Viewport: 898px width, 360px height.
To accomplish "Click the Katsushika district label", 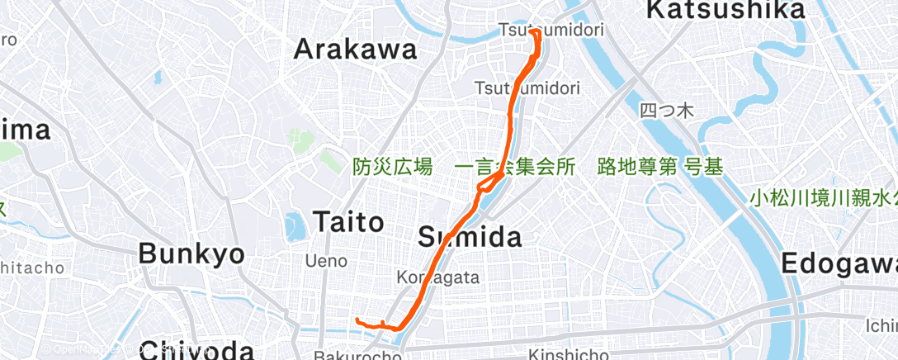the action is pos(725,10).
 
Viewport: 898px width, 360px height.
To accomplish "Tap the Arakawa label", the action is pos(356,50).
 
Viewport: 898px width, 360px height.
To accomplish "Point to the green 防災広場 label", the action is pos(393,167).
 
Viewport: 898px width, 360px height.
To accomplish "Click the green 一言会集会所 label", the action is pos(515,167).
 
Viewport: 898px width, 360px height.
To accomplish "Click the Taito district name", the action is pos(348,221).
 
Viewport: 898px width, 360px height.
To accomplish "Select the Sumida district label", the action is pos(470,238).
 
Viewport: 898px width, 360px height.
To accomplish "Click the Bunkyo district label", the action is pos(191,253).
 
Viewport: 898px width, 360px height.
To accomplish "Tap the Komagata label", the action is pos(437,277).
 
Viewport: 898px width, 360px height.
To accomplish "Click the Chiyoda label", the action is pos(196,349).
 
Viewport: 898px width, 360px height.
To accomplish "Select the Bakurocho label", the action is pos(357,356).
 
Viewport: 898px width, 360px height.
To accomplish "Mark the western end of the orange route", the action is pos(357,320).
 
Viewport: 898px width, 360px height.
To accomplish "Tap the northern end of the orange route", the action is pos(532,31).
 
